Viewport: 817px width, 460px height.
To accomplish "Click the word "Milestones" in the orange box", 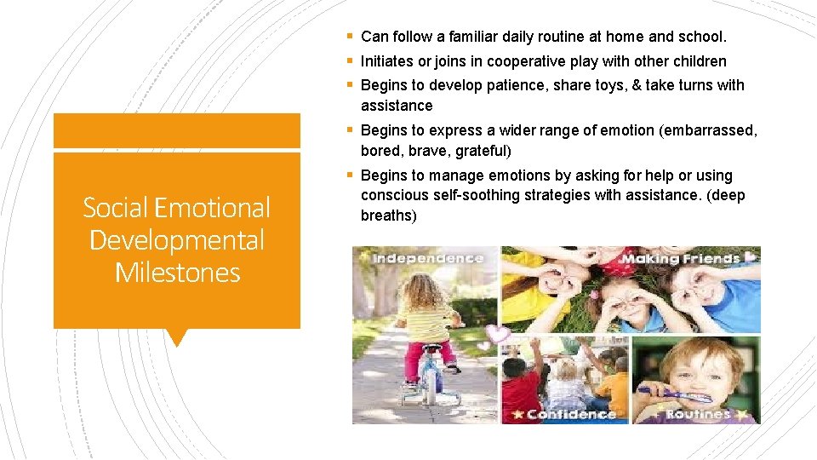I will point(177,273).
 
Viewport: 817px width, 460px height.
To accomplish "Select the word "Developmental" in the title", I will point(177,240).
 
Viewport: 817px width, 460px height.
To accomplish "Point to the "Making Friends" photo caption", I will point(681,258).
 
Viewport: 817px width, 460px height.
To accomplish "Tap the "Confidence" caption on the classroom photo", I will point(570,414).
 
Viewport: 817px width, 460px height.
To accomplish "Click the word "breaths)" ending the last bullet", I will point(389,216).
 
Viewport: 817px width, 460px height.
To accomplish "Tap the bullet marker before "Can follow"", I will point(351,37).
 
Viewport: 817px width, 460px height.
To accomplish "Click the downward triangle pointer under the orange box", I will point(176,337).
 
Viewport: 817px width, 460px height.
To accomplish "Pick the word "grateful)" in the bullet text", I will point(483,151).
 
